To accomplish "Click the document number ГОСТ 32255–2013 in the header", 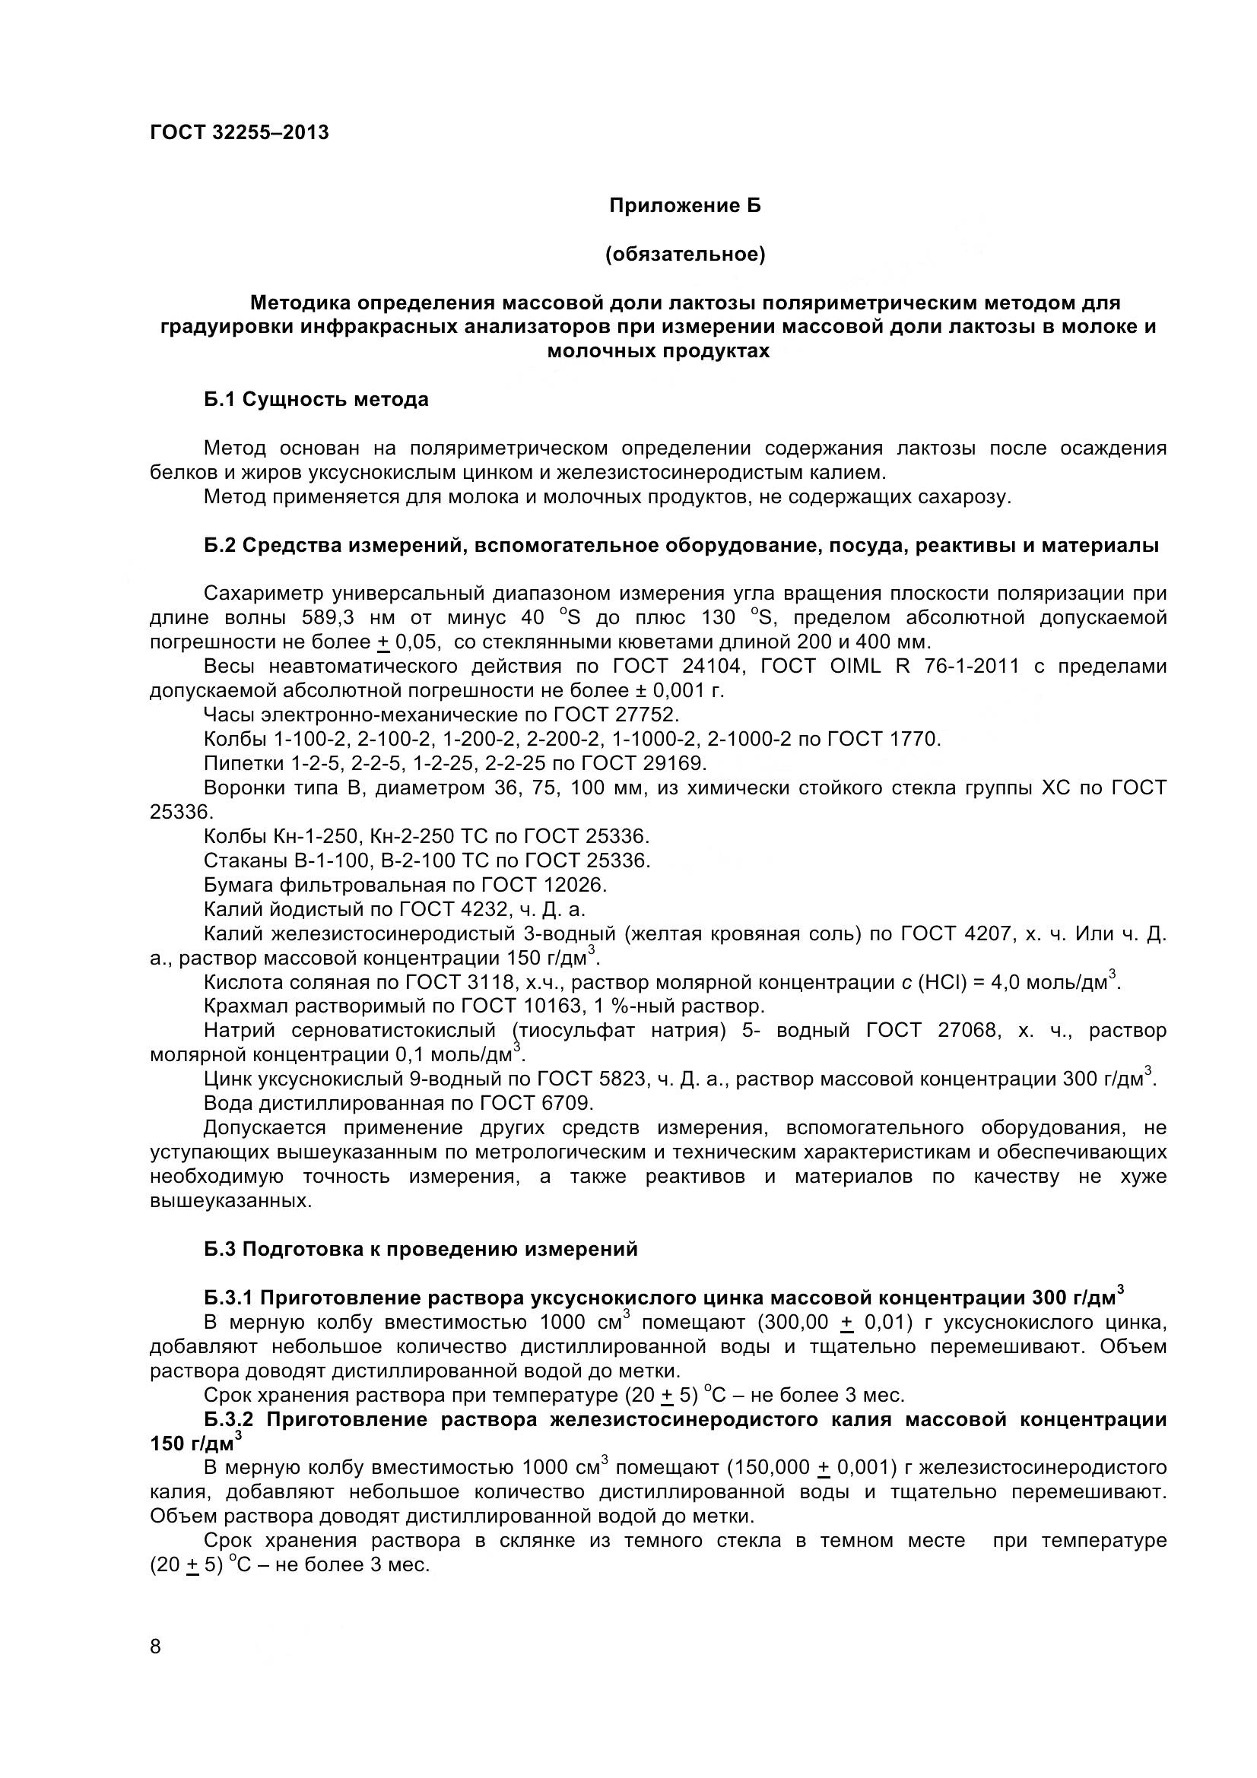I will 239,133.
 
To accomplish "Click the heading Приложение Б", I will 684,206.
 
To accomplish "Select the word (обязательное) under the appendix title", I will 684,255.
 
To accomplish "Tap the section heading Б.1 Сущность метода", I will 316,400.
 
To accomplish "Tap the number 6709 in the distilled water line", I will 565,1104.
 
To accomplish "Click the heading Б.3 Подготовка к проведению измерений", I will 421,1249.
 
